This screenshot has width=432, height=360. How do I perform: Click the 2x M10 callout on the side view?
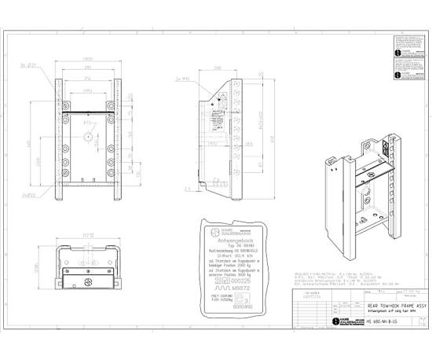185,79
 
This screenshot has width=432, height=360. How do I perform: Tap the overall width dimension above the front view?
90,58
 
